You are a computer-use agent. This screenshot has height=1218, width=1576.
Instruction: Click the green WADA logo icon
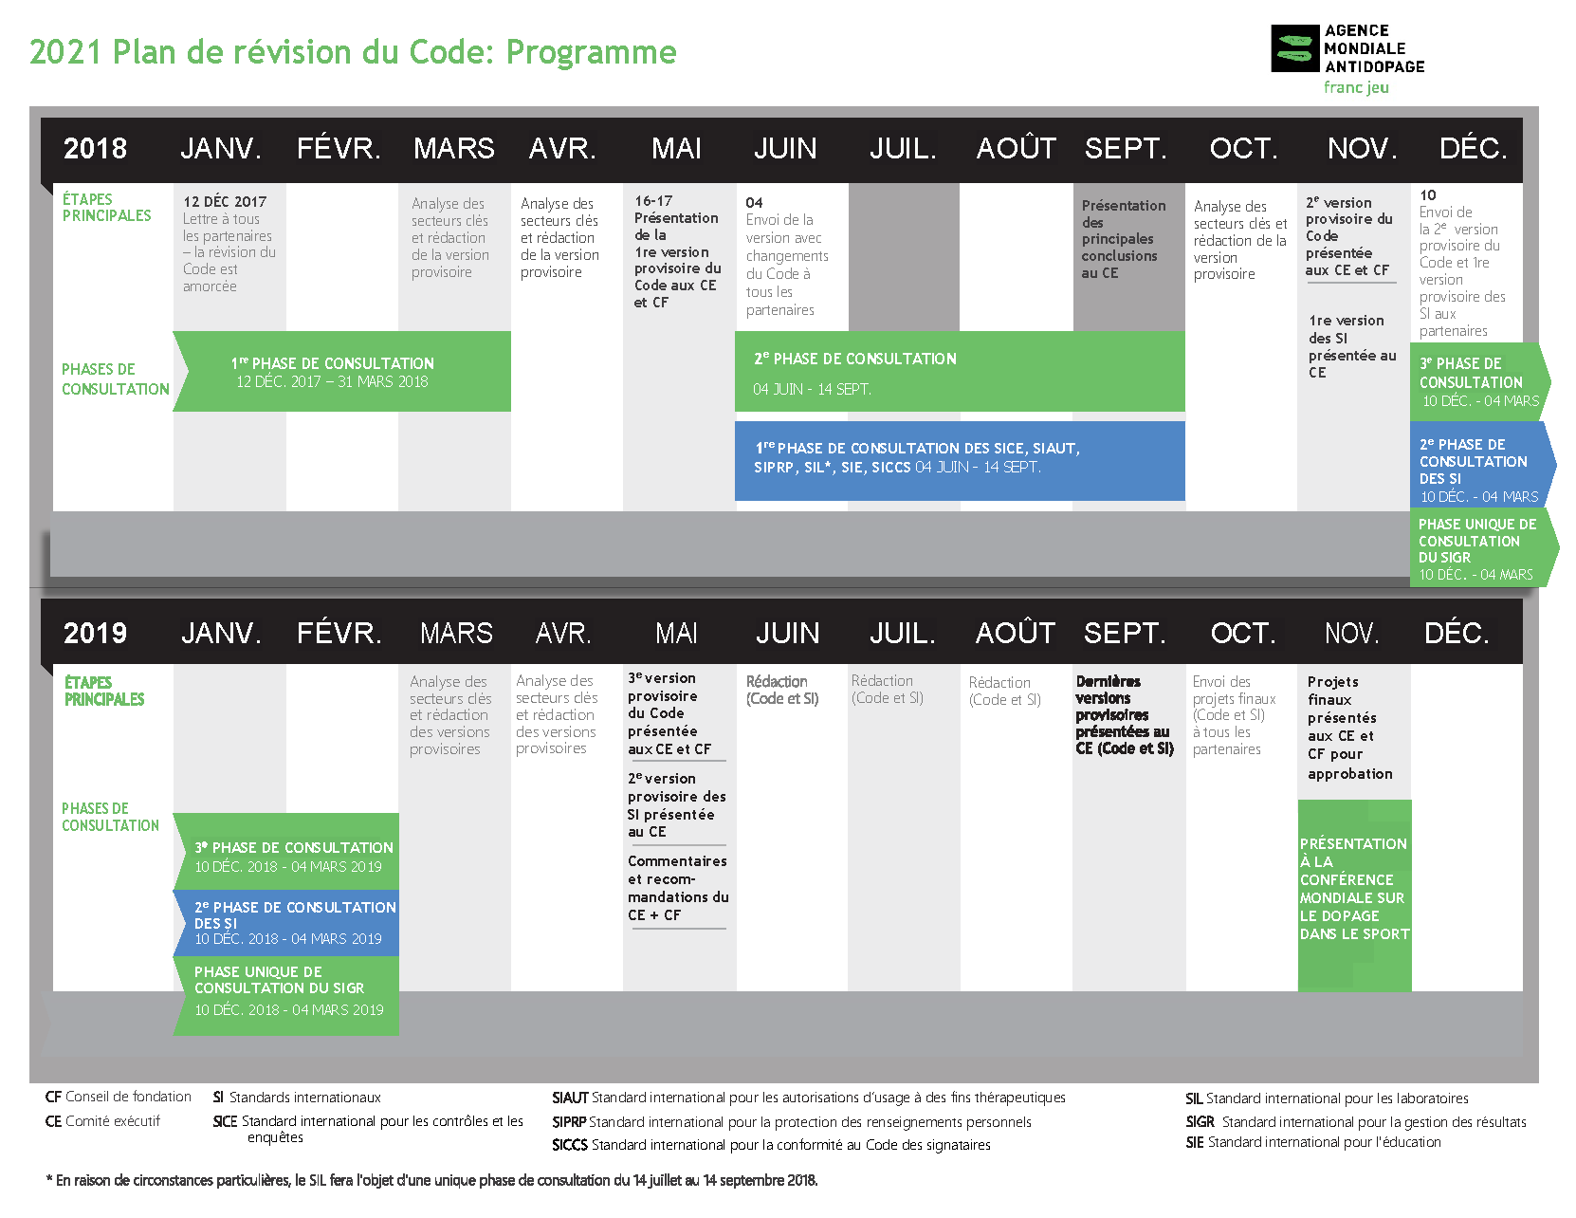pyautogui.click(x=1295, y=48)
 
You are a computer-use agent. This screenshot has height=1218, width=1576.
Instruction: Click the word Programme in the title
pyautogui.click(x=591, y=52)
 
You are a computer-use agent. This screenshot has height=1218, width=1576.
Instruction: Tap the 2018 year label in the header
pyautogui.click(x=95, y=149)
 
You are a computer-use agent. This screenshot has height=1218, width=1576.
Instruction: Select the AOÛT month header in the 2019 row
pyautogui.click(x=1016, y=633)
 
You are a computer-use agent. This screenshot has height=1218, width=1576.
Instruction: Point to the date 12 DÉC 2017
pyautogui.click(x=225, y=202)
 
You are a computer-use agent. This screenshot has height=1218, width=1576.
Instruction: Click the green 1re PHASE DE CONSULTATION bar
pyautogui.click(x=341, y=372)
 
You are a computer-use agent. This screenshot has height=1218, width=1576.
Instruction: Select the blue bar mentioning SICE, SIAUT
pyautogui.click(x=960, y=461)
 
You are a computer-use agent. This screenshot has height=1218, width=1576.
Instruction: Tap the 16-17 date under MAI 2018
pyautogui.click(x=653, y=201)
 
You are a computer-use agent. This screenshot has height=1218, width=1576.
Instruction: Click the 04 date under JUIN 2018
pyautogui.click(x=754, y=202)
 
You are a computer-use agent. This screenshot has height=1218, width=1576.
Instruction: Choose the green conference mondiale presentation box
pyautogui.click(x=1355, y=895)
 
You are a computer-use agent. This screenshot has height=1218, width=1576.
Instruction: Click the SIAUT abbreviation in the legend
pyautogui.click(x=569, y=1098)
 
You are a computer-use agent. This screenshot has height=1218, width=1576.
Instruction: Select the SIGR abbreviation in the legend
pyautogui.click(x=1200, y=1122)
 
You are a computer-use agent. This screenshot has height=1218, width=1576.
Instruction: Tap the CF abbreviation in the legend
pyautogui.click(x=53, y=1097)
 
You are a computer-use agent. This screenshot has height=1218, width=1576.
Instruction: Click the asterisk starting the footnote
pyautogui.click(x=49, y=1179)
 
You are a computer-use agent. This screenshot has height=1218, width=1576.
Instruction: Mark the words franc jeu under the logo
pyautogui.click(x=1356, y=88)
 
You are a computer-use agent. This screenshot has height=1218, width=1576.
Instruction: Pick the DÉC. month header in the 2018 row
pyautogui.click(x=1473, y=149)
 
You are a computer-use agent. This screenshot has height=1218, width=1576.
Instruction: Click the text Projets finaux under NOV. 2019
pyautogui.click(x=1333, y=691)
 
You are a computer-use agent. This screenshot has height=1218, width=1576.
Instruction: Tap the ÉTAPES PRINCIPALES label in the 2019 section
pyautogui.click(x=104, y=691)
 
